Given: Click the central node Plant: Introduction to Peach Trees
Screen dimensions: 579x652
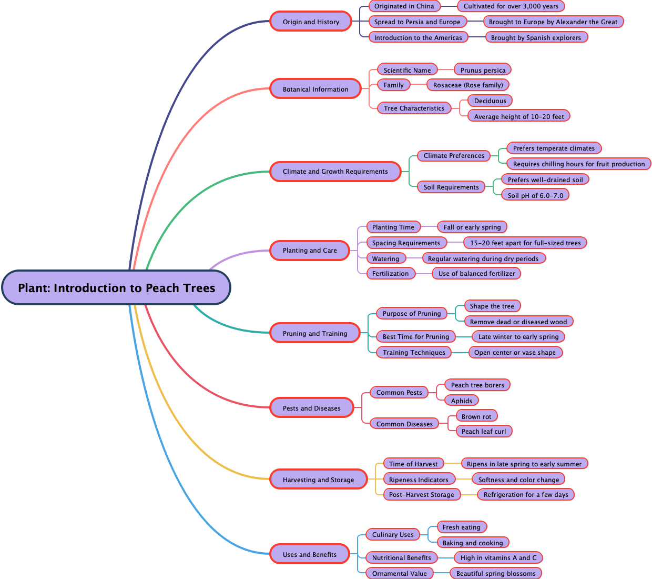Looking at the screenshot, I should click(x=116, y=288).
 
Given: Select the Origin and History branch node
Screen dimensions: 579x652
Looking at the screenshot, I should click(x=311, y=22).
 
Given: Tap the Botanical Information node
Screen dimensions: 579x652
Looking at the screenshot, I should click(x=315, y=89).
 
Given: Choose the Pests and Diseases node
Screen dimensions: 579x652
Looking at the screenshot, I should click(x=311, y=408).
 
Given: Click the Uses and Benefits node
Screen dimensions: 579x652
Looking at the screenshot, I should click(x=310, y=554).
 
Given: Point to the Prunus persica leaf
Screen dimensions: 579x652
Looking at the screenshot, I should click(x=483, y=70).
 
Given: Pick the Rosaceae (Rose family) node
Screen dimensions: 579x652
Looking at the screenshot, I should click(x=468, y=85).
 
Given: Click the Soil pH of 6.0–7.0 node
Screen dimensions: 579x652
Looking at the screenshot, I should click(x=535, y=195).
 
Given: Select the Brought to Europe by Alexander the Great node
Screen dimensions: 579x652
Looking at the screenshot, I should click(x=553, y=22).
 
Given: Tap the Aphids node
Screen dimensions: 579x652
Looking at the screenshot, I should click(x=462, y=401).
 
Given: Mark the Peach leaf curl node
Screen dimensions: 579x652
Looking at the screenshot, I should click(x=484, y=431).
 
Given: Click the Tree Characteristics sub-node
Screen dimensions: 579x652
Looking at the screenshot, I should click(x=414, y=108).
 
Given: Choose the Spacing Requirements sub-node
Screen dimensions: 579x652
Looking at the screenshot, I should click(x=406, y=243).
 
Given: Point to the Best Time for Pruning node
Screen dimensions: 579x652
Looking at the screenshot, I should click(x=416, y=336).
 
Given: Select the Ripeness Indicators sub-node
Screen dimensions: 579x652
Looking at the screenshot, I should click(x=419, y=480).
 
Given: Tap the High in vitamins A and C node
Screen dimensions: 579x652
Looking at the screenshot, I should click(x=498, y=557).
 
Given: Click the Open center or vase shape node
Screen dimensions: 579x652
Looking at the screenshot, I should click(x=515, y=352).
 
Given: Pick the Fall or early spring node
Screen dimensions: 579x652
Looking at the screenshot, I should click(x=472, y=227).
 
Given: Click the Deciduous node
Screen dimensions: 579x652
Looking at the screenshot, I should click(x=490, y=101).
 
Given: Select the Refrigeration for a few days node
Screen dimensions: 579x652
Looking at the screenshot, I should click(x=526, y=494).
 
